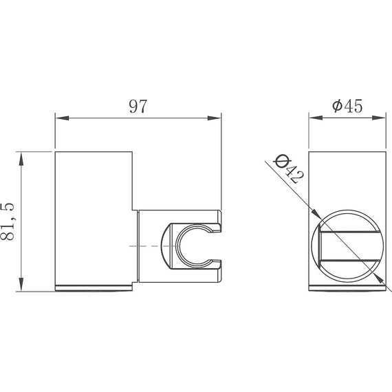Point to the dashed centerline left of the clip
click(x=144, y=246)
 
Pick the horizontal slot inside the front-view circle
click(x=351, y=246)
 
